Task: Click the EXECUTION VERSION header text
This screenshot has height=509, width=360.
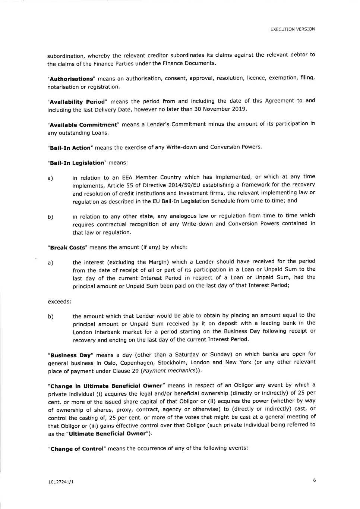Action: pyautogui.click(x=293, y=29)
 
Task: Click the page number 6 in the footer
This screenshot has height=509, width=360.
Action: pyautogui.click(x=314, y=480)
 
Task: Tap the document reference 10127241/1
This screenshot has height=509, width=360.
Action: pyautogui.click(x=61, y=482)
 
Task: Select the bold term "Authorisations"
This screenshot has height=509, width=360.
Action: pyautogui.click(x=70, y=79)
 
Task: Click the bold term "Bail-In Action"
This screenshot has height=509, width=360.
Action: pyautogui.click(x=70, y=148)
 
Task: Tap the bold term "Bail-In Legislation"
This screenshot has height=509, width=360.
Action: pyautogui.click(x=77, y=163)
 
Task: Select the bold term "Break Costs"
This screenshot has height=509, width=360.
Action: pyautogui.click(x=67, y=248)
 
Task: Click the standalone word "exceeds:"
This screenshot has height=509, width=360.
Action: pyautogui.click(x=60, y=301)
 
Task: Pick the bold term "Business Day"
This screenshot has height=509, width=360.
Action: pyautogui.click(x=70, y=355)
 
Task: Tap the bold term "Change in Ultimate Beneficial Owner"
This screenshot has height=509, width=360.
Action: pyautogui.click(x=106, y=386)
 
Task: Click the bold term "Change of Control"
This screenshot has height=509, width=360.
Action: pyautogui.click(x=76, y=449)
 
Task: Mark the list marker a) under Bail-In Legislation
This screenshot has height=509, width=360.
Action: pyautogui.click(x=50, y=178)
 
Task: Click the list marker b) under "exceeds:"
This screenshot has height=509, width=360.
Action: pyautogui.click(x=51, y=317)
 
